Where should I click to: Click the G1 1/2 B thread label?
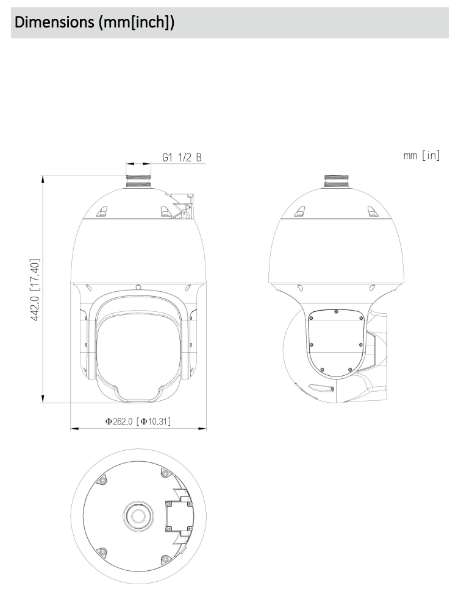[182, 157]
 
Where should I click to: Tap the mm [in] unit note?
[421, 155]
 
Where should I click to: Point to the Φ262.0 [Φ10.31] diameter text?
[138, 422]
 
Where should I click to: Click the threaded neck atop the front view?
[138, 181]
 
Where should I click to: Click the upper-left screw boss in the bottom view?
[103, 482]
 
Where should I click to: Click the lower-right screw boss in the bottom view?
[165, 558]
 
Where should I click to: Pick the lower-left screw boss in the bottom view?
[103, 551]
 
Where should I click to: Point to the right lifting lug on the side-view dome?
[371, 211]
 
